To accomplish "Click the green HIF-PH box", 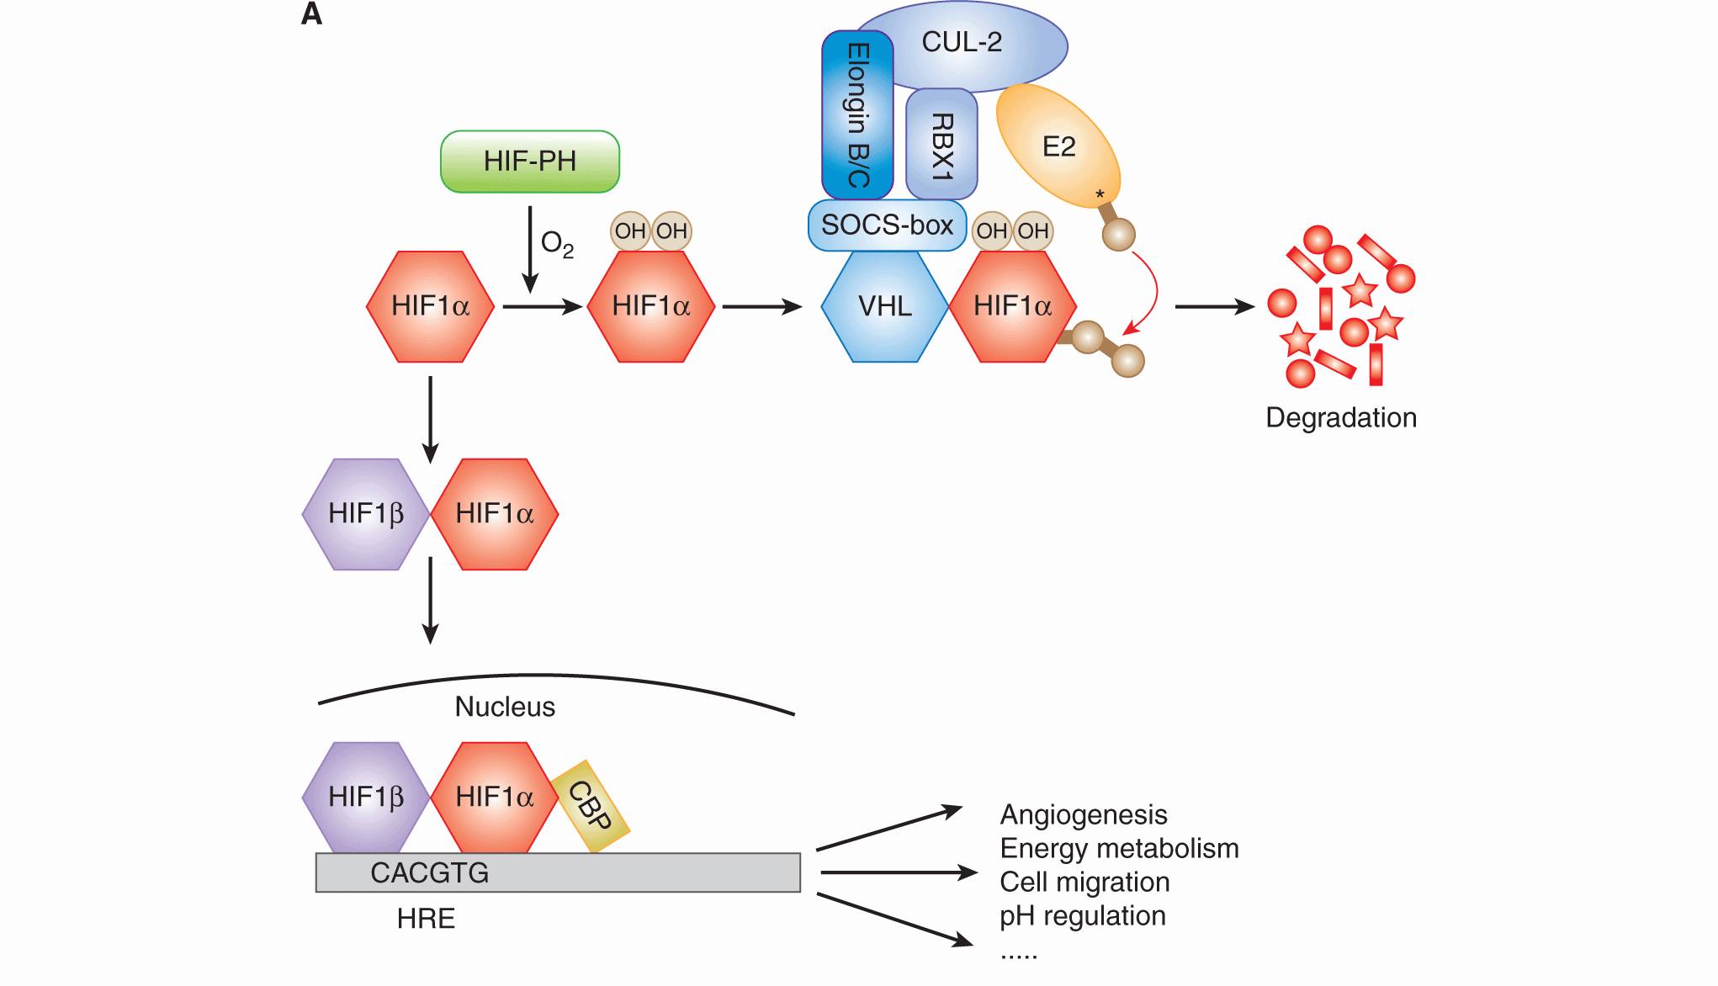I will [x=530, y=162].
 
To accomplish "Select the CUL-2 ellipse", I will [x=962, y=43].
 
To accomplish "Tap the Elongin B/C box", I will [x=856, y=114].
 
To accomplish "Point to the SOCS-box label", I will [x=887, y=225].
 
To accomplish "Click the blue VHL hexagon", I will [x=884, y=306].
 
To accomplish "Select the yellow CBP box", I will [x=591, y=806].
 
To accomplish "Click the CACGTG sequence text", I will [x=429, y=873].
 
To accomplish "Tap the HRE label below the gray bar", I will [x=426, y=919].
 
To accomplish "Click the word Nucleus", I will [x=505, y=707].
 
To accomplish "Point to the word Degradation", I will [x=1341, y=418].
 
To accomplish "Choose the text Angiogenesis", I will [x=1084, y=815].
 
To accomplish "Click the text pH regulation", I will [x=1083, y=916].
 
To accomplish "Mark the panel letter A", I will [x=311, y=15].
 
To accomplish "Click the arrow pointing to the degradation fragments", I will [x=1213, y=307].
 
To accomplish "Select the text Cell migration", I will [x=1084, y=883].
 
